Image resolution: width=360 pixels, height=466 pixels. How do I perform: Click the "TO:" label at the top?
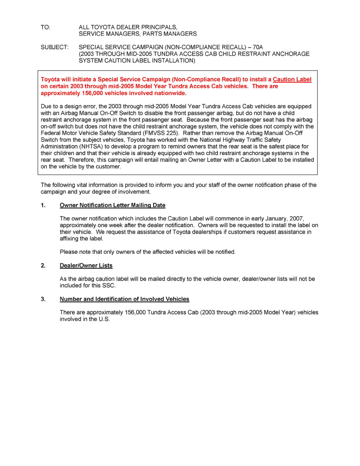(45, 27)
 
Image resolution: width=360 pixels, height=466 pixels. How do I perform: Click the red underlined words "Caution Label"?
(292, 80)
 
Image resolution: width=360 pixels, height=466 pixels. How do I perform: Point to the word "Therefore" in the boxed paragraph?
(81, 160)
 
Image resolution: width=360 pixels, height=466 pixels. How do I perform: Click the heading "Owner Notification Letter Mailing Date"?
(113, 205)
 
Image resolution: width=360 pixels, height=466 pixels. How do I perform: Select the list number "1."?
(43, 205)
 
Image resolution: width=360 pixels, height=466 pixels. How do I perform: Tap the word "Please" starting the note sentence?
(68, 252)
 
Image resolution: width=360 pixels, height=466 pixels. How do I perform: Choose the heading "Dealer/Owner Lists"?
(86, 266)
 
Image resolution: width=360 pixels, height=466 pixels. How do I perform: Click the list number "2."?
(43, 266)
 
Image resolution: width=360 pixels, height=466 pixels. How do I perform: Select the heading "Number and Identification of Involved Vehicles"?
(124, 299)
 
